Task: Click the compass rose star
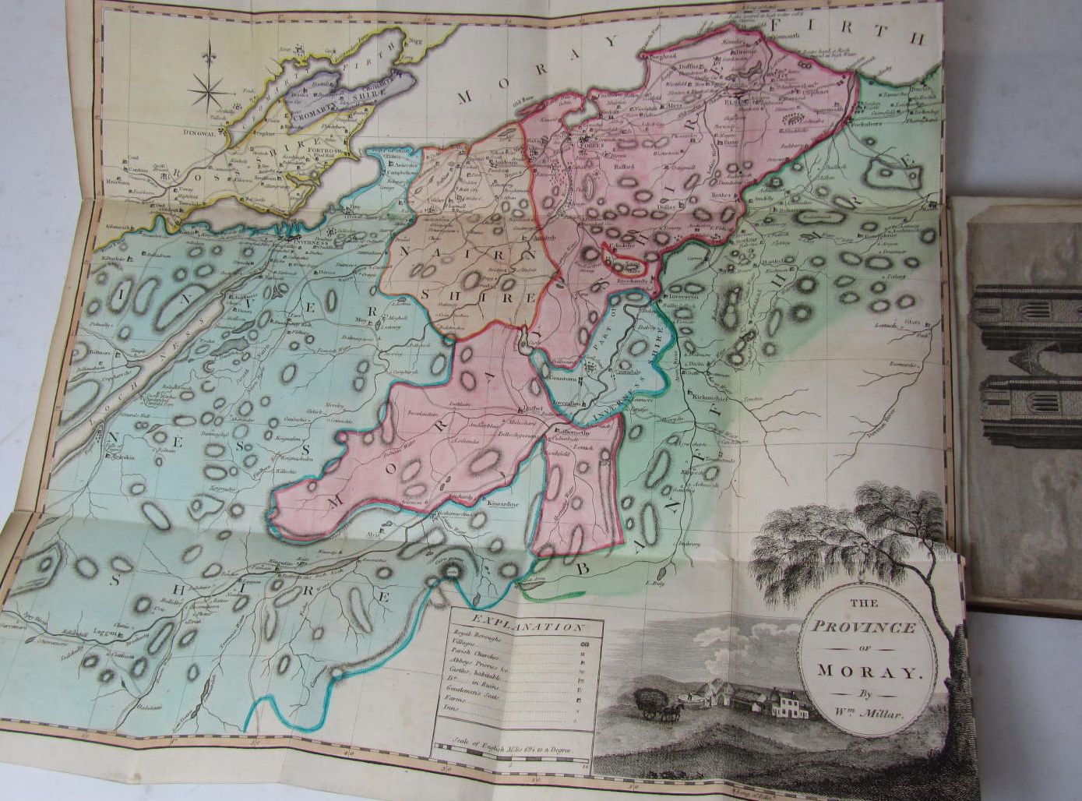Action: click(x=209, y=94)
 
